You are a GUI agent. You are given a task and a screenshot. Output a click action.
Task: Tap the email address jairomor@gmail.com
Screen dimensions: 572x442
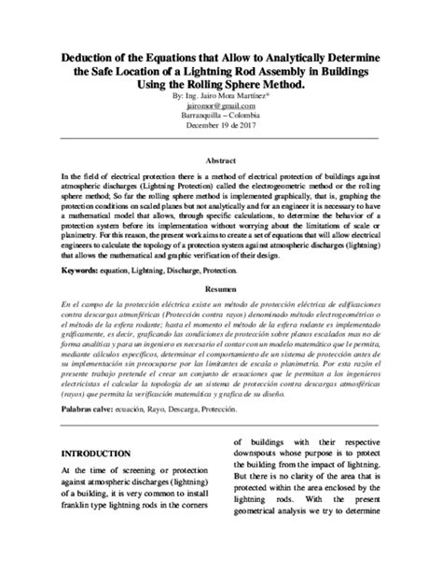pyautogui.click(x=220, y=106)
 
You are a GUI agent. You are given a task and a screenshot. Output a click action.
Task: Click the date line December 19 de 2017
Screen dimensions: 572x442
pyautogui.click(x=220, y=125)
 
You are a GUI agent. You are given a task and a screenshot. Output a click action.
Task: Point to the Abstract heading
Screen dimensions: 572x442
pyautogui.click(x=220, y=160)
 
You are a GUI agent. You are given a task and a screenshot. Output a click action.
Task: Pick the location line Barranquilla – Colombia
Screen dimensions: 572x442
pyautogui.click(x=220, y=116)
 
